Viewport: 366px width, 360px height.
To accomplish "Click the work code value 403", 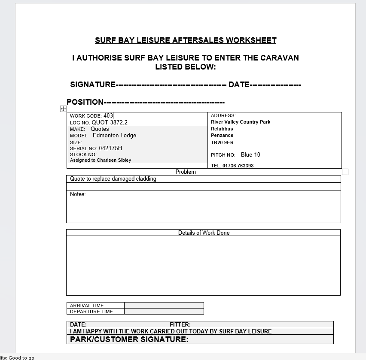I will pos(108,116).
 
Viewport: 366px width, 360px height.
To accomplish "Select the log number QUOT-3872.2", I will pos(110,122).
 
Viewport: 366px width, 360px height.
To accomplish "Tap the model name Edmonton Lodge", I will pos(114,135).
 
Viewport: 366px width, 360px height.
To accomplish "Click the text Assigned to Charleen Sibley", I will pos(101,160).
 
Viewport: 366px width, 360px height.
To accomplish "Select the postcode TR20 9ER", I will pos(222,142).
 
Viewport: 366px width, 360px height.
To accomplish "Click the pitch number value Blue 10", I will pos(250,154).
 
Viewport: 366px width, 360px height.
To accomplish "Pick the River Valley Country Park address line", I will pos(241,122).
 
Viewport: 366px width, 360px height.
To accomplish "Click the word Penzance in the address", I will pos(222,135).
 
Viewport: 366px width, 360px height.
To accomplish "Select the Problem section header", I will pos(186,172).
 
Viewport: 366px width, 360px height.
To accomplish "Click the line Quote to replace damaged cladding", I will pos(113,179).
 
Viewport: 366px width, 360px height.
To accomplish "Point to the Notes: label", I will pos(78,194).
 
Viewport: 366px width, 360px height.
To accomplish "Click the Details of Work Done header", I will pos(204,233).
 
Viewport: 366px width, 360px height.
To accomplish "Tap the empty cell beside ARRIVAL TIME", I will pos(164,306).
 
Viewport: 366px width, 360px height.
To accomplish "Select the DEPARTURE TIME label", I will pos(91,312).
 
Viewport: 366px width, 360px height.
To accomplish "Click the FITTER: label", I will pos(180,324).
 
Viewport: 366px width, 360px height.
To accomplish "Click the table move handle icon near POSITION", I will pos(63,109).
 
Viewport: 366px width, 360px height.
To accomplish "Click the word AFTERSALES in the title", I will pos(198,40).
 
